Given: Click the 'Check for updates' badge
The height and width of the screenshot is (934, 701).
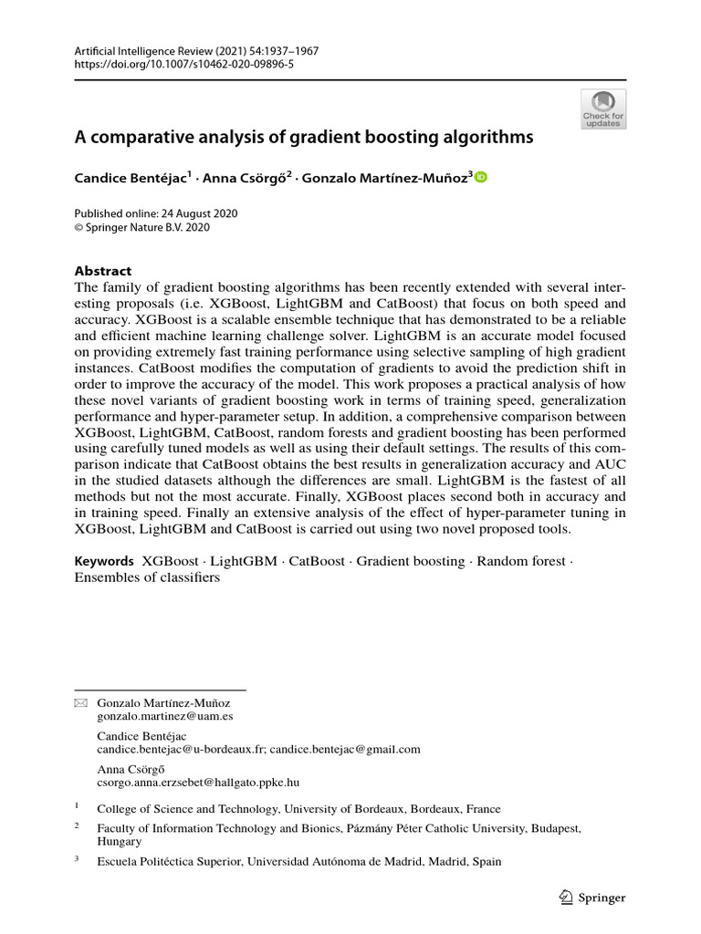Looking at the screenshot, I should pos(603,109).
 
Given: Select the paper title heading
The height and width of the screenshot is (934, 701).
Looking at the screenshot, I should pos(303,138).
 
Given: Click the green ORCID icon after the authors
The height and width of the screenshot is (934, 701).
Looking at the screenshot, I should pos(481,178).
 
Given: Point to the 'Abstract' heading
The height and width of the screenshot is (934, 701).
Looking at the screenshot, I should pos(102,271).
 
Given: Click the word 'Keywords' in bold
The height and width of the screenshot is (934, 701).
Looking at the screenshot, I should pos(104,561).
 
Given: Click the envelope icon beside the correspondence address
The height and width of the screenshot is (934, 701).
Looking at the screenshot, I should pos(79,703).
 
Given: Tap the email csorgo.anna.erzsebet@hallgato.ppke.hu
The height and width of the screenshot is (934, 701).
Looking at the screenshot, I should pos(198,782).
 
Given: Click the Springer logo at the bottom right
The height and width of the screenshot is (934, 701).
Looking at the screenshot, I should pos(591,898).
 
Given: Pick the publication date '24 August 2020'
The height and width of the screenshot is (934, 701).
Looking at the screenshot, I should pos(194,213).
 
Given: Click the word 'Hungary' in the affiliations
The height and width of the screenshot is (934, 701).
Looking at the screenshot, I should pos(119,842).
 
